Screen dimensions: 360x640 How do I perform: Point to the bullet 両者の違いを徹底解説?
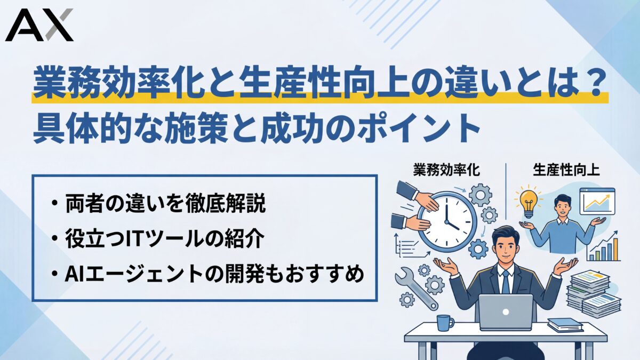coord(166,205)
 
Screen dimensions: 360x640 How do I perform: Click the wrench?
coord(415,287)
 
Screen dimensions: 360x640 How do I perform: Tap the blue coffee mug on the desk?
coord(444,322)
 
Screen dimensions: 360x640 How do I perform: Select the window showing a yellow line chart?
coord(597,202)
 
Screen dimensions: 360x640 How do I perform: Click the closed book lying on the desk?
coord(564,324)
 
